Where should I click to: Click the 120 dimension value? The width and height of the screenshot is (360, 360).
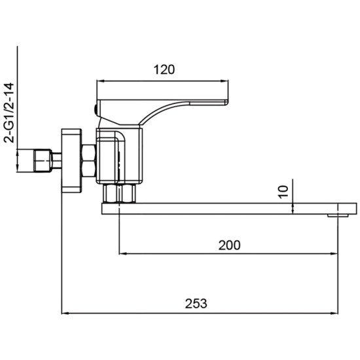pos(164,69)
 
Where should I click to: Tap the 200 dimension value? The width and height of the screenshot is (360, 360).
pos(229,245)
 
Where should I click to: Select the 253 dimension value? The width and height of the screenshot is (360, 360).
pos(196,303)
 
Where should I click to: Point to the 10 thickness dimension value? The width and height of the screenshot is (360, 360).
pos(283,192)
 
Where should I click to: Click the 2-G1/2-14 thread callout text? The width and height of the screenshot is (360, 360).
pos(9,113)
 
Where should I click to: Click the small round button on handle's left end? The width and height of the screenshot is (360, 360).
pos(96,110)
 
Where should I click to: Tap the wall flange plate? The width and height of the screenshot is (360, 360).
pos(71,161)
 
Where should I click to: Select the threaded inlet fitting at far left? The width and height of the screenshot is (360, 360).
pos(43,161)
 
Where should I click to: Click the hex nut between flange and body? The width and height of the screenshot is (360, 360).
pos(89,161)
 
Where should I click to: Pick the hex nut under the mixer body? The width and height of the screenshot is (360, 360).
pos(119,193)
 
